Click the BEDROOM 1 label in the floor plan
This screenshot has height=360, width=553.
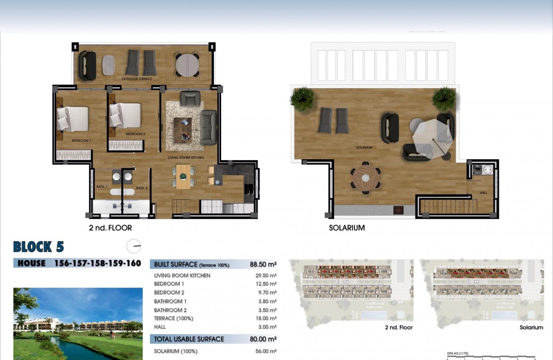click(81, 141)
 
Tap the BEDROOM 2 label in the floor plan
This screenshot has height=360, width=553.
click(135, 134)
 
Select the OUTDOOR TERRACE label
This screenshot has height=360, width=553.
click(137, 79)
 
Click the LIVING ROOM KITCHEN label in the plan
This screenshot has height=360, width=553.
click(186, 158)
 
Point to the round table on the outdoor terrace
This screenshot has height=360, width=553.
click(187, 65)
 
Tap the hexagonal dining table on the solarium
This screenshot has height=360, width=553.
click(366, 178)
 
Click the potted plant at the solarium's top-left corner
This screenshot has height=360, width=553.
click(302, 98)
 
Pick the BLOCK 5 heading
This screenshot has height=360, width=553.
click(39, 247)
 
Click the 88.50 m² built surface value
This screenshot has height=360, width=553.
click(263, 264)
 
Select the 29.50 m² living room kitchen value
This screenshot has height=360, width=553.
click(266, 276)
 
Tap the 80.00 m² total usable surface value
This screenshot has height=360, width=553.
click(263, 339)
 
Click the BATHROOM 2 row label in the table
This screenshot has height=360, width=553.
click(171, 310)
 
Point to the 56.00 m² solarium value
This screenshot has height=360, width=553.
click(266, 351)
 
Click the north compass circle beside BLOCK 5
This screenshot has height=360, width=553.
click(134, 246)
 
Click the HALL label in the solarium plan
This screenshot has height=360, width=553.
click(483, 193)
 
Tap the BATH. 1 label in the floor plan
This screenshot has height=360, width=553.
click(102, 186)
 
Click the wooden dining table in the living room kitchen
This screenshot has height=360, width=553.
click(183, 176)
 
